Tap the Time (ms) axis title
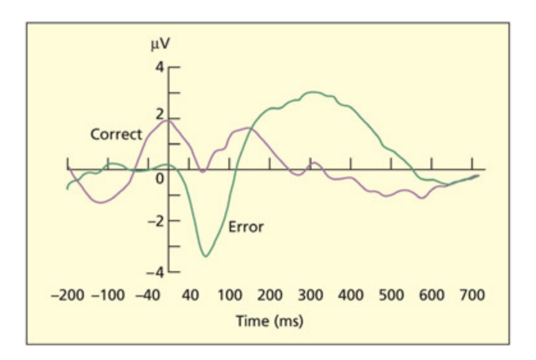coord(269,320)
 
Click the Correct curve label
coord(116,135)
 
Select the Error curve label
coord(246,226)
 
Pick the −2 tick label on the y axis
coord(156,221)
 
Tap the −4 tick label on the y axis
coord(156,272)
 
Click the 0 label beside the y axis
coord(159,178)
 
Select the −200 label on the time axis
coord(68,295)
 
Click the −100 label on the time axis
coord(109,295)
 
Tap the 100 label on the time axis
coord(229,295)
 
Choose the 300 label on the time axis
coord(310,295)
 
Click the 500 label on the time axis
coord(391,295)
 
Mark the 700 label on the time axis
coord(472,295)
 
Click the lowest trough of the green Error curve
coord(205,256)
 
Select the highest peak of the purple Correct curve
coord(166,120)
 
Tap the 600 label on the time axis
coord(431,295)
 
